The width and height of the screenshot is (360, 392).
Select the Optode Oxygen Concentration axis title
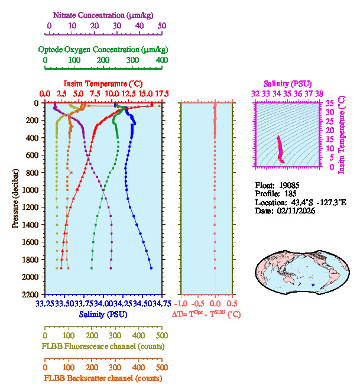(103, 49)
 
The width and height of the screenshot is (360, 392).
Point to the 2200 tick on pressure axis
(30, 294)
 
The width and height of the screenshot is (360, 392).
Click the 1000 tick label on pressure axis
(30, 190)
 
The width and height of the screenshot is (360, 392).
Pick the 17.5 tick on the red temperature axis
(162, 94)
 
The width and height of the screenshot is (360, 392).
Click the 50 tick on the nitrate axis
(162, 26)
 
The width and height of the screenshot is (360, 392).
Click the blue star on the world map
(313, 285)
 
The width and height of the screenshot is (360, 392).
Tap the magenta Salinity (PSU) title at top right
(287, 84)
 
